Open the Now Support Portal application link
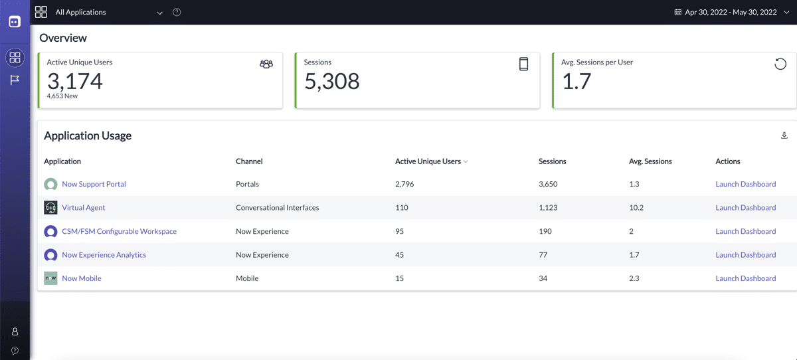pyautogui.click(x=94, y=184)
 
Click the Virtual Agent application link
pyautogui.click(x=84, y=208)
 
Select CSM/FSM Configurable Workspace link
pyautogui.click(x=119, y=231)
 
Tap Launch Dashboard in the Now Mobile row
pyautogui.click(x=745, y=278)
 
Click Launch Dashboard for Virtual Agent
pyautogui.click(x=745, y=208)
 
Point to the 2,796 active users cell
pyautogui.click(x=404, y=184)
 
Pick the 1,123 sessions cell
pyautogui.click(x=548, y=208)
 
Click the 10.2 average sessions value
pyautogui.click(x=636, y=208)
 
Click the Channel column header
pyautogui.click(x=249, y=161)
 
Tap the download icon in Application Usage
pyautogui.click(x=784, y=135)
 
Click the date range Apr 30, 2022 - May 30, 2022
pyautogui.click(x=731, y=13)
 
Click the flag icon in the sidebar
pyautogui.click(x=15, y=80)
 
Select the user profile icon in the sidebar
pyautogui.click(x=15, y=331)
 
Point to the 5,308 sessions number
pyautogui.click(x=331, y=81)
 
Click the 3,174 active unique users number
pyautogui.click(x=75, y=81)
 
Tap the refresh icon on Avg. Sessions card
pyautogui.click(x=780, y=64)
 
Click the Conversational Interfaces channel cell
pyautogui.click(x=277, y=208)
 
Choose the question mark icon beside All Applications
pyautogui.click(x=177, y=13)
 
